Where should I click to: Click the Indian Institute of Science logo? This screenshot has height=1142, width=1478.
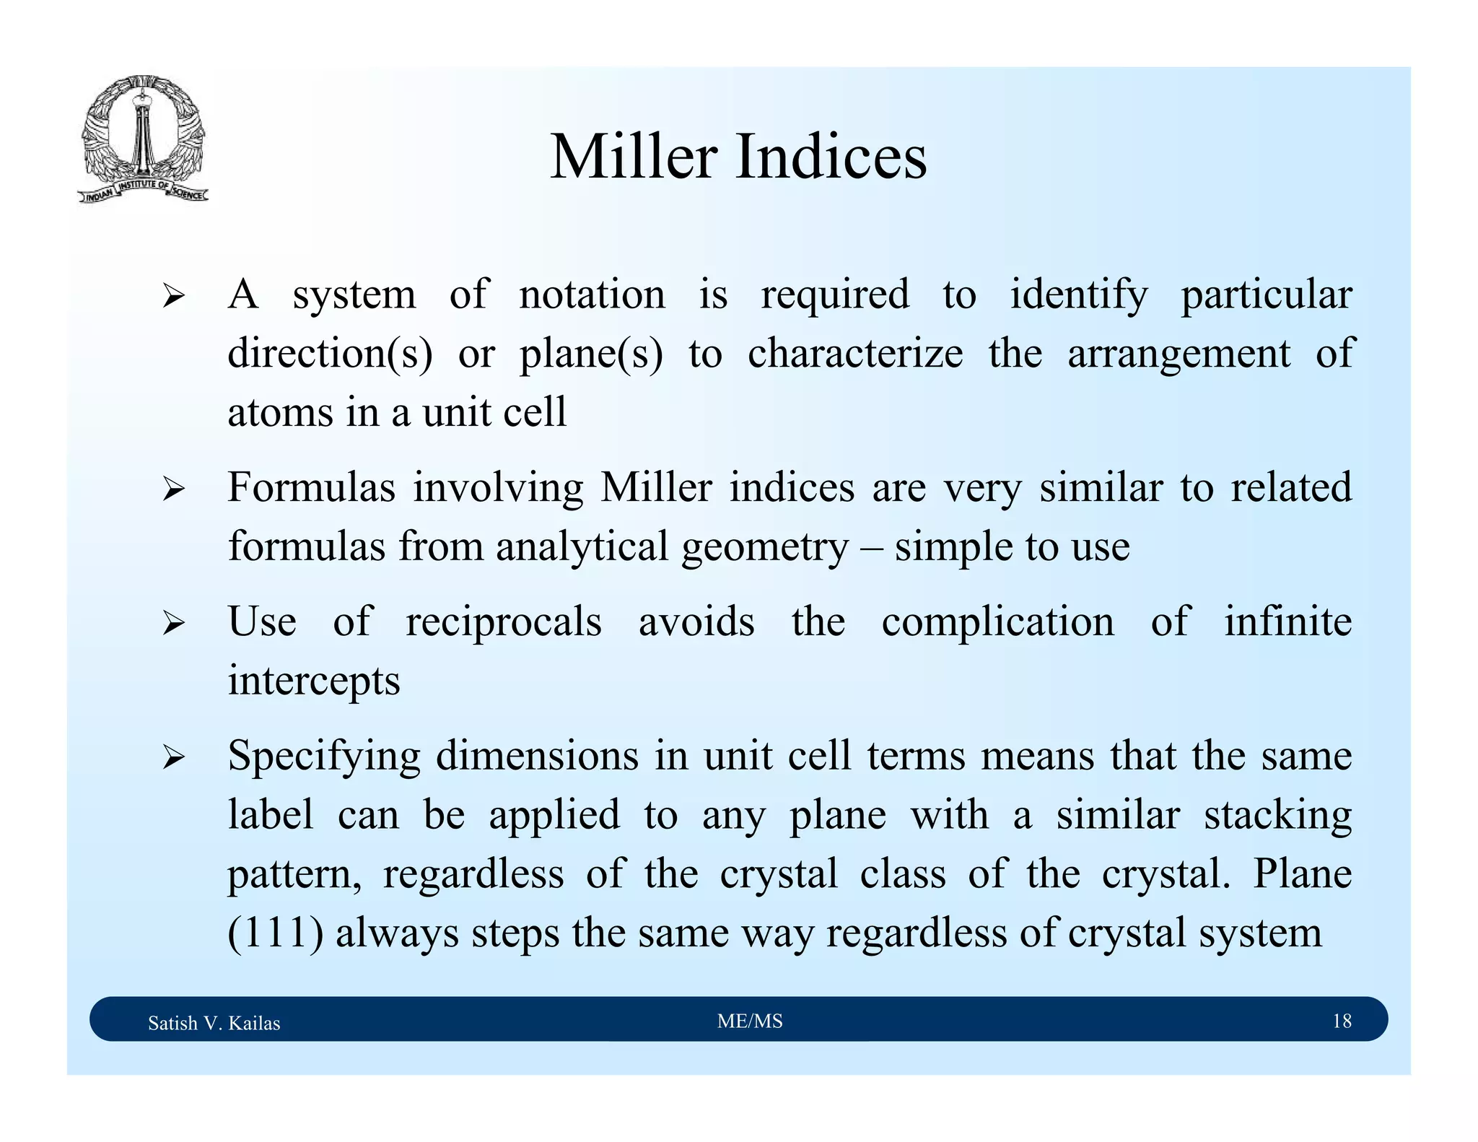click(x=143, y=139)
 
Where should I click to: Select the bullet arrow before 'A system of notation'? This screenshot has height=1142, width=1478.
click(x=174, y=296)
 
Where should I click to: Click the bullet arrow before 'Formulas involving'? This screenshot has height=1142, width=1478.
click(x=174, y=489)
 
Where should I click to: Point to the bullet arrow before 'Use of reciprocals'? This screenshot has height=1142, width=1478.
click(x=174, y=622)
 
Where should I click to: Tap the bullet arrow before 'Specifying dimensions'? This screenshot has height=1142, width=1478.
click(x=174, y=757)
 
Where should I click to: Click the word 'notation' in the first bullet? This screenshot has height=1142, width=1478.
click(x=592, y=295)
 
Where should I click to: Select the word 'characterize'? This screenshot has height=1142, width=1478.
click(x=854, y=354)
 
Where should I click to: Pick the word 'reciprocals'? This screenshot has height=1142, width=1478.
click(x=503, y=622)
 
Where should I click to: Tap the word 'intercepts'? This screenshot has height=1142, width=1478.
click(x=314, y=681)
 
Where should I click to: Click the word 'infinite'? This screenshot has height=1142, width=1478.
click(x=1287, y=622)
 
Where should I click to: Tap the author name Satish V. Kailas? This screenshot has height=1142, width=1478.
click(x=214, y=1023)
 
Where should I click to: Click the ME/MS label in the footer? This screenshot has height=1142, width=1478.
click(x=750, y=1021)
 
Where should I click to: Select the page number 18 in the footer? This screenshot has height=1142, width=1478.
click(x=1342, y=1021)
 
